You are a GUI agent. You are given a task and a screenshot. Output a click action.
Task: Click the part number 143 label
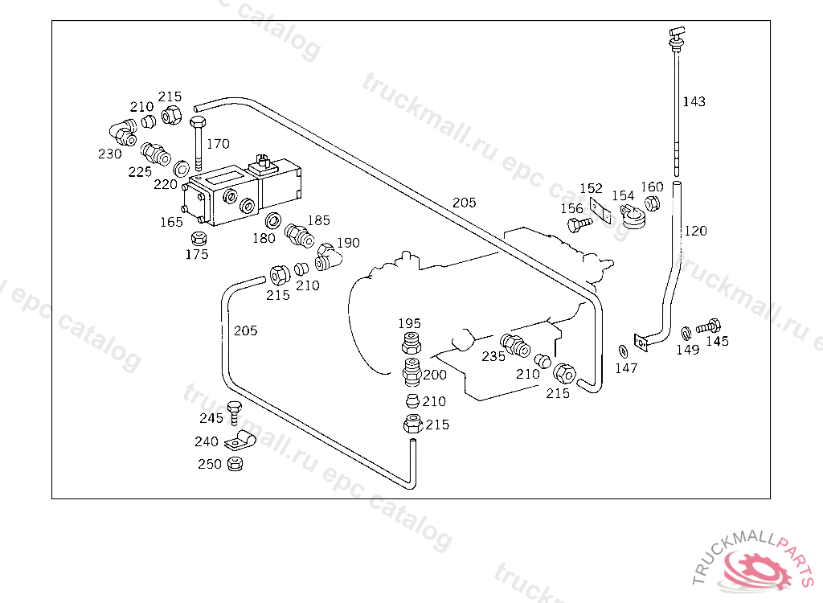click(x=694, y=101)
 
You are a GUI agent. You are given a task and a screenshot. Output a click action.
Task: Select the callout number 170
click(x=218, y=143)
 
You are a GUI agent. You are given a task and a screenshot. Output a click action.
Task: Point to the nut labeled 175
click(x=198, y=238)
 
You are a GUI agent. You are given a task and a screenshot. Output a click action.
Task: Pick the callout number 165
click(x=171, y=222)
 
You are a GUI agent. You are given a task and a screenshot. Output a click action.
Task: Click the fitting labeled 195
click(x=411, y=343)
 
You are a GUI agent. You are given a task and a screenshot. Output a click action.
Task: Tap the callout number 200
click(x=435, y=375)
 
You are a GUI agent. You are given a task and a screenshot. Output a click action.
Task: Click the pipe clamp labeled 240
click(x=240, y=441)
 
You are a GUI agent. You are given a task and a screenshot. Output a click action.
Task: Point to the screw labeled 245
click(x=234, y=413)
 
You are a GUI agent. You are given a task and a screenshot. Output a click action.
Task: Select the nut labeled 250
click(x=235, y=464)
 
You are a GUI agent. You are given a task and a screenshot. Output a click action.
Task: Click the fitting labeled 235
click(x=515, y=345)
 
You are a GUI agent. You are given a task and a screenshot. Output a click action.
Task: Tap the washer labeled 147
click(x=624, y=351)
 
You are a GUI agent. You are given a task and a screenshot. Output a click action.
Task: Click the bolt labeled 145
click(x=708, y=326)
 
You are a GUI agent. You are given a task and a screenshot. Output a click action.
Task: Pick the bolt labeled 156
click(x=579, y=225)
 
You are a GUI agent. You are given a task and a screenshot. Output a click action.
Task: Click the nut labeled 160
click(x=652, y=203)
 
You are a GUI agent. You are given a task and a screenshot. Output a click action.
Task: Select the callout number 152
click(x=591, y=188)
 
